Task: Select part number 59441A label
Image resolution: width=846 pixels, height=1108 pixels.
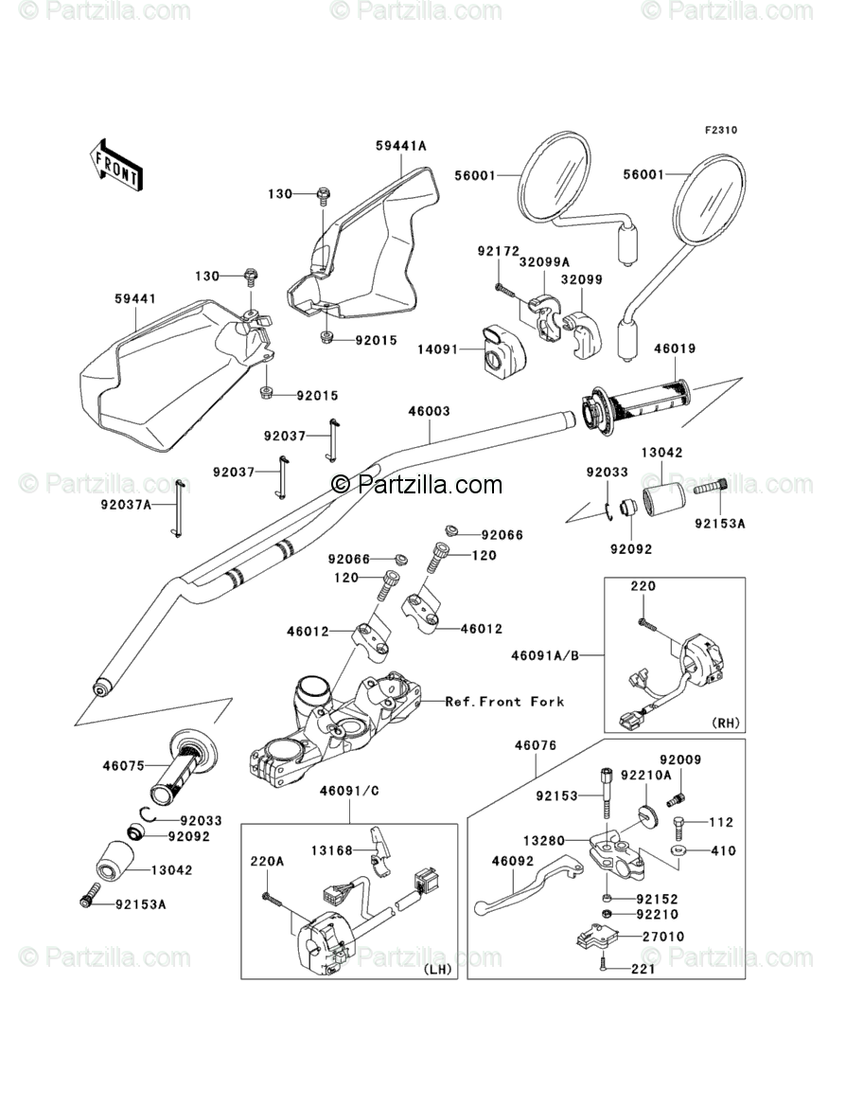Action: [x=400, y=146]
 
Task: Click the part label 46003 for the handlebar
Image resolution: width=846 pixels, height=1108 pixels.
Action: [x=429, y=412]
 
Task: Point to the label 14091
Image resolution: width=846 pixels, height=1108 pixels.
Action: [x=438, y=349]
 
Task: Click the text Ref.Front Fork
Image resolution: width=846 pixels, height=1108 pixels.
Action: [x=519, y=702]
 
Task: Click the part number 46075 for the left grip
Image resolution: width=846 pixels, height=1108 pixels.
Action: [x=125, y=765]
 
